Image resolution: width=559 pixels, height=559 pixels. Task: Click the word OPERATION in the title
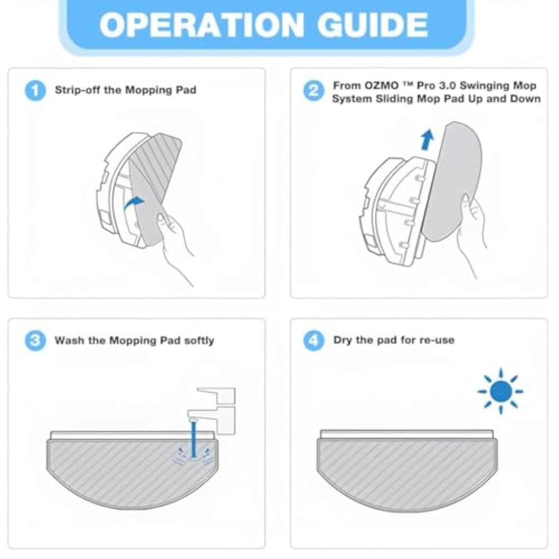tap(202, 25)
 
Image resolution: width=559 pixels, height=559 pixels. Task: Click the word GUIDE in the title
tap(372, 25)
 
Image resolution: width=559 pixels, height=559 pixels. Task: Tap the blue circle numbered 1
tap(35, 90)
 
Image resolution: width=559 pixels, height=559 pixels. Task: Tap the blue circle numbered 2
tap(314, 91)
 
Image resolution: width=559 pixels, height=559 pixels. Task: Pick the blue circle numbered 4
tap(314, 340)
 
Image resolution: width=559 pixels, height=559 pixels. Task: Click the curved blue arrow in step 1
tap(134, 202)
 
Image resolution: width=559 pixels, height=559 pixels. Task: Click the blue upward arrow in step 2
tap(428, 140)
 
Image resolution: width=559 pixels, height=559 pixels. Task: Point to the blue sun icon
tap(500, 391)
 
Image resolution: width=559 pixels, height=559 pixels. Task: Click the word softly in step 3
tap(199, 341)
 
